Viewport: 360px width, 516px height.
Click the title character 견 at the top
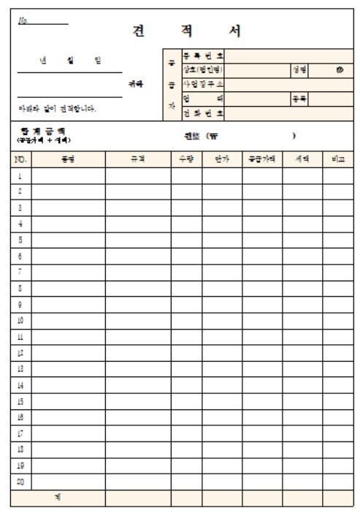point(137,31)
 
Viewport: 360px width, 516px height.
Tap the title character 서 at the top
point(232,31)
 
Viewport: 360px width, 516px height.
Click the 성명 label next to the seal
point(299,69)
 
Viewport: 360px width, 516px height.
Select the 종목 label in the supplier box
point(299,99)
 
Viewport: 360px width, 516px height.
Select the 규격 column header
point(137,158)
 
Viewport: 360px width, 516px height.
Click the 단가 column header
point(222,158)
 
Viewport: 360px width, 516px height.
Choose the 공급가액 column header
point(262,158)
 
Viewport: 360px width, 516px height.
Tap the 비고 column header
point(338,158)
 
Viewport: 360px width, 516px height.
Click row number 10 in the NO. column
point(20,320)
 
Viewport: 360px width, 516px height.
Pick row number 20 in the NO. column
point(20,482)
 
